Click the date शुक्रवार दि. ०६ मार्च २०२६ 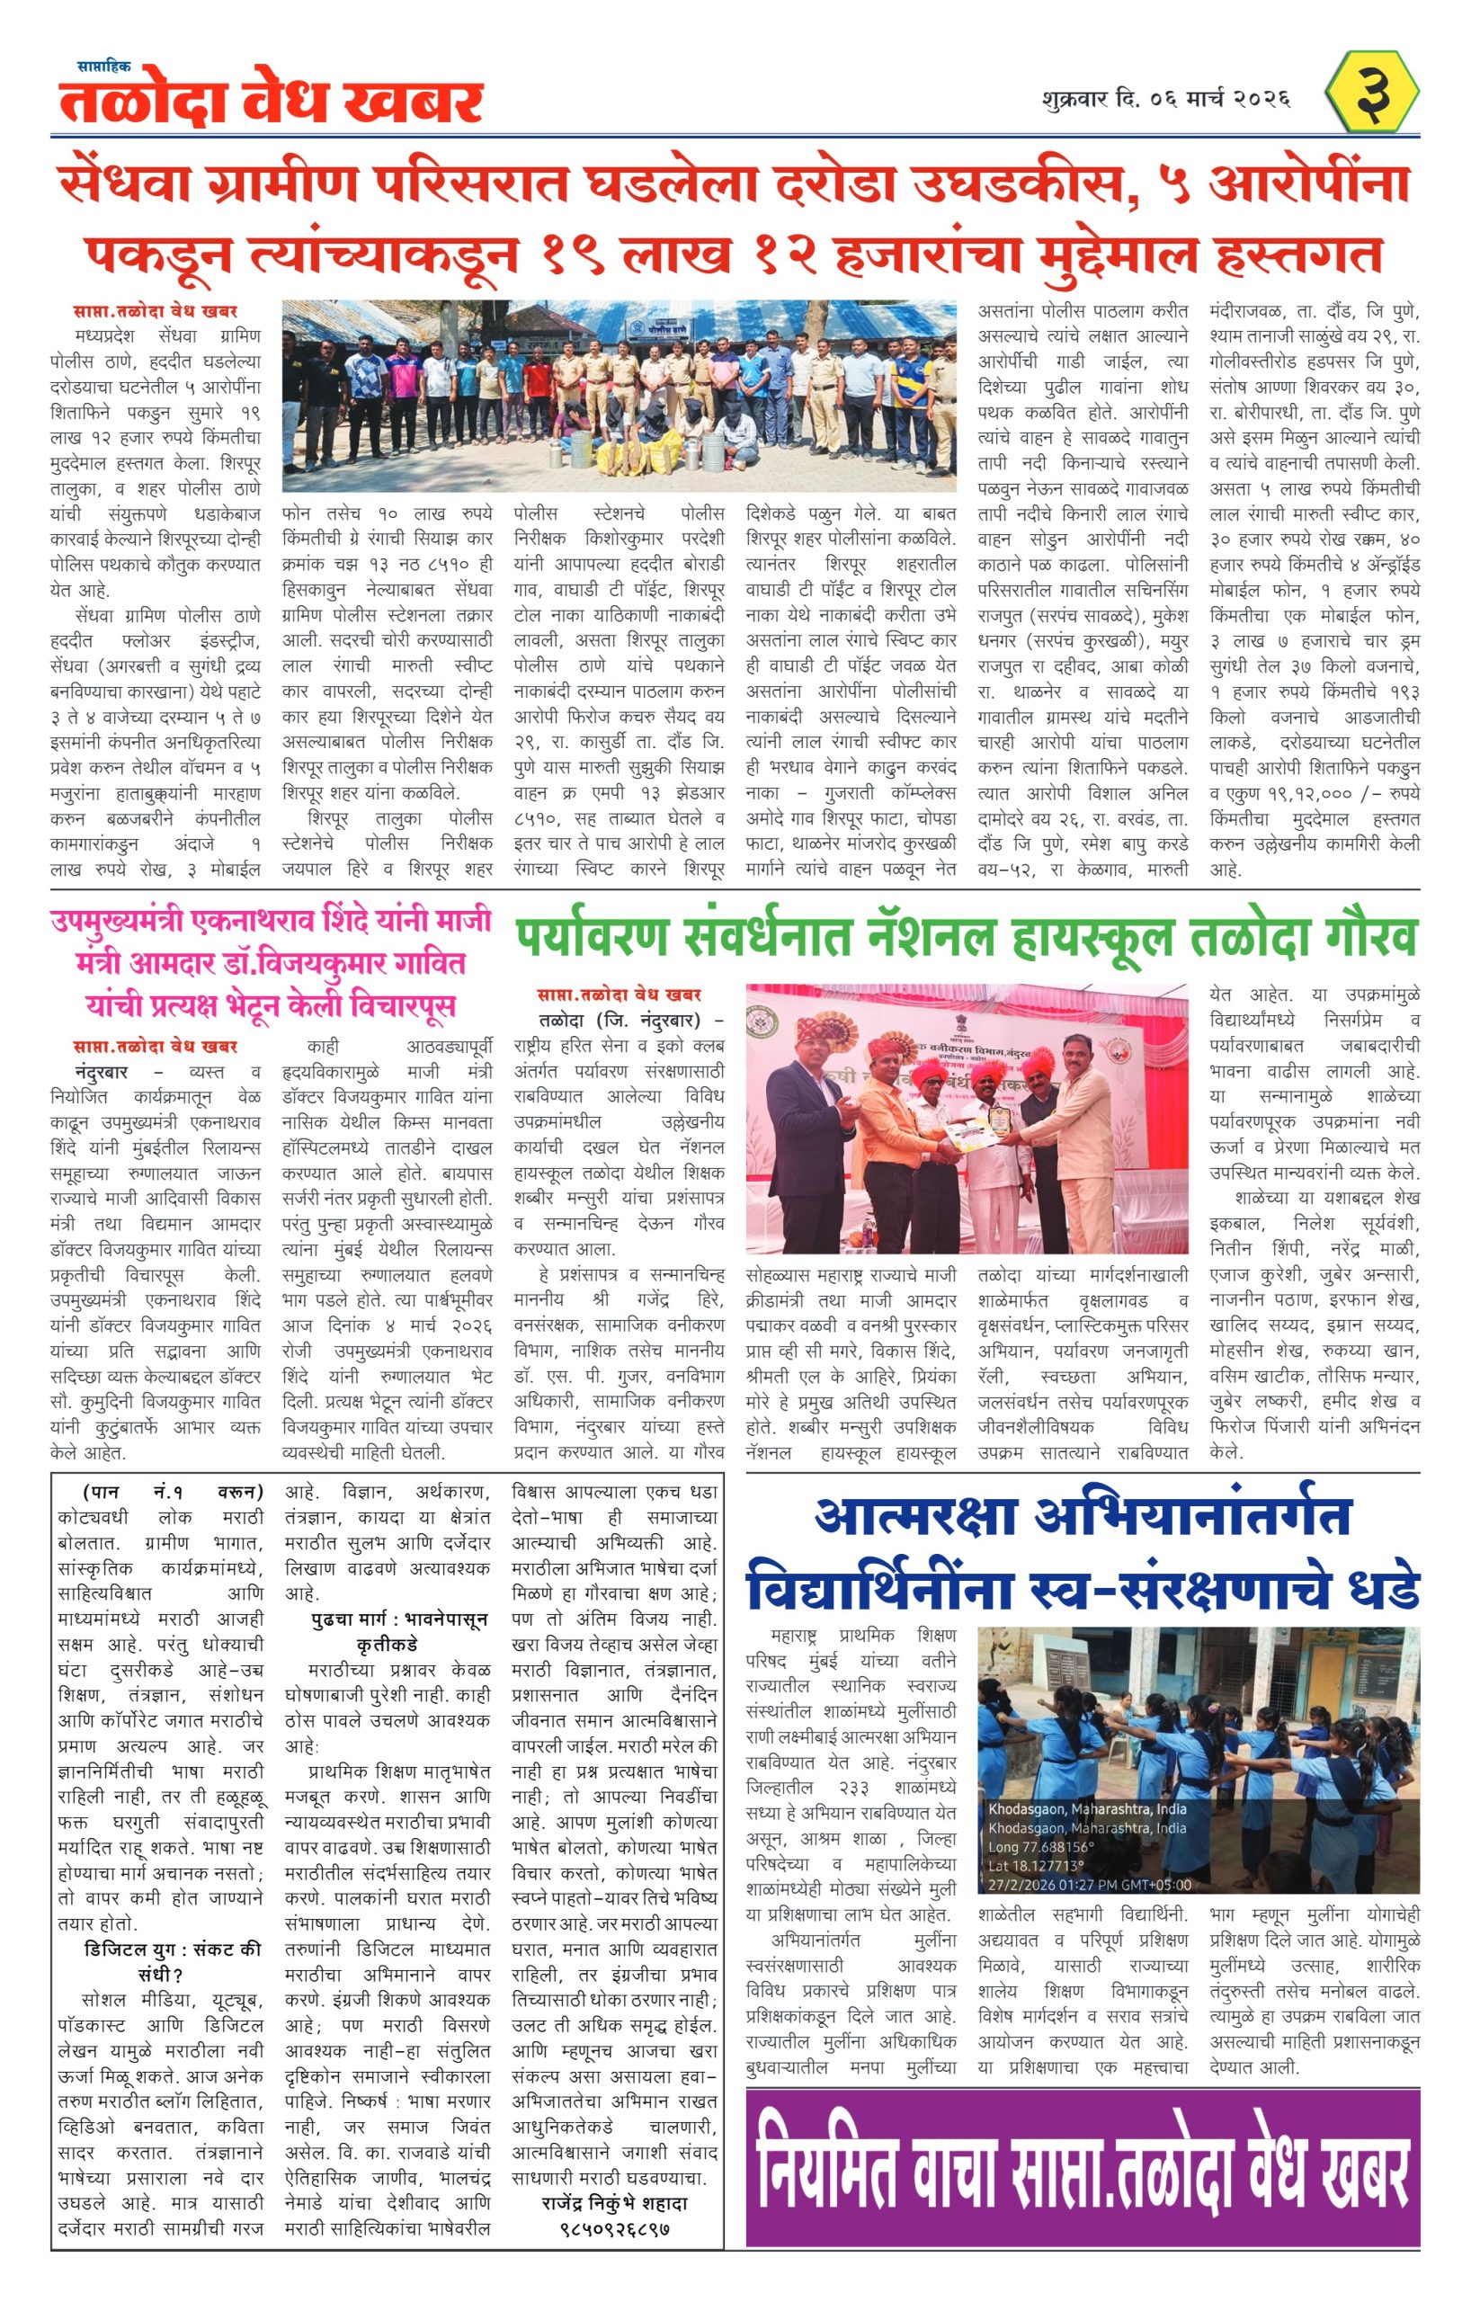(1166, 99)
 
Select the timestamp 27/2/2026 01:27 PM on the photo (1090, 1884)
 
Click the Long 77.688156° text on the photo (1048, 1846)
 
